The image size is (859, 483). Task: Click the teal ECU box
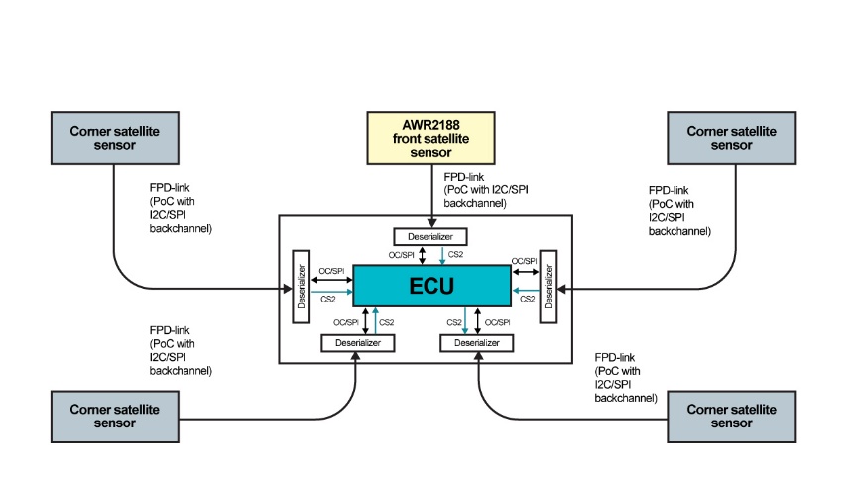[x=432, y=286]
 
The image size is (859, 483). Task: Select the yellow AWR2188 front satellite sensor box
[x=431, y=138]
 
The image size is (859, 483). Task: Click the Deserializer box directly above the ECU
[x=430, y=237]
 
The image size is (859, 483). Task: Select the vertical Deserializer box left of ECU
[x=302, y=287]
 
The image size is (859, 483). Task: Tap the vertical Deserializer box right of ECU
[x=546, y=286]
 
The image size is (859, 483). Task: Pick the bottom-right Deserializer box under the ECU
[x=477, y=343]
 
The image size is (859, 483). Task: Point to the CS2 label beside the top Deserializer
[x=456, y=255]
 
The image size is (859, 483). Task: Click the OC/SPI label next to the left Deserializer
[x=331, y=271]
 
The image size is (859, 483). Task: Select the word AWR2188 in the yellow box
[x=431, y=125]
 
